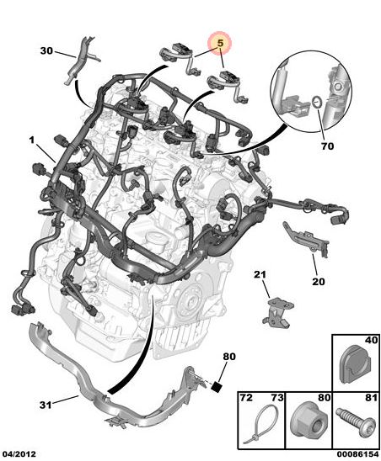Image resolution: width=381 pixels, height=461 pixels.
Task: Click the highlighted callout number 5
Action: click(220, 43)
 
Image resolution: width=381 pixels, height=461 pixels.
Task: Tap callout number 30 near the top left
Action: click(46, 50)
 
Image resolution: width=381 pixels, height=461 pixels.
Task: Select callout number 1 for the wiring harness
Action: click(32, 140)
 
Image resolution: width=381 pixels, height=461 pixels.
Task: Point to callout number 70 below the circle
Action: click(327, 146)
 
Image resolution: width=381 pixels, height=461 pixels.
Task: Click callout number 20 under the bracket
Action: click(319, 281)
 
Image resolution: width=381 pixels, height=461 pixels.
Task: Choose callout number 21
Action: click(260, 274)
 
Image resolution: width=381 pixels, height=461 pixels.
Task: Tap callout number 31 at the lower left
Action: click(46, 405)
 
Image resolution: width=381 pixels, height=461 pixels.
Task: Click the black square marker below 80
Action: click(217, 386)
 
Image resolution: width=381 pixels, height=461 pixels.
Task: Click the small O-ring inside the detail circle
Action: click(317, 103)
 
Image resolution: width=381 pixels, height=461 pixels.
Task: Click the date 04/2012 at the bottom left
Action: click(19, 454)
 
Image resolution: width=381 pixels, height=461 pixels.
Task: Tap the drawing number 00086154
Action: click(357, 454)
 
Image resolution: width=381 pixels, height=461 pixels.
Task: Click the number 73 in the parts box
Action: click(277, 398)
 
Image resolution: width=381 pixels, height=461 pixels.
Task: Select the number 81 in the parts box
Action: click(372, 398)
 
